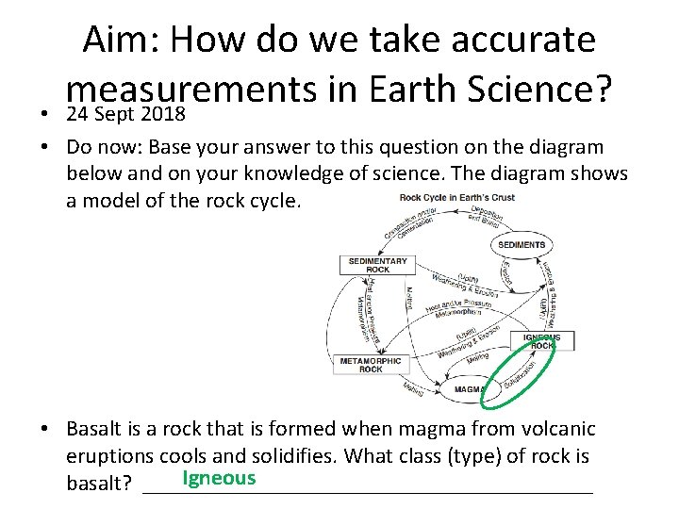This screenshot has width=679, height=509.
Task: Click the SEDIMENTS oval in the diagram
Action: (521, 245)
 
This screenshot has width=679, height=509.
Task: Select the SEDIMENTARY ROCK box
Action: (377, 265)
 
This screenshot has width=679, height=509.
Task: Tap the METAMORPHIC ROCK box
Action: (372, 364)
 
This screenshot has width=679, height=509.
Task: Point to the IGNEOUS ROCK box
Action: (542, 340)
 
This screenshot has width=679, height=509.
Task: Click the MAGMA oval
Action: (469, 388)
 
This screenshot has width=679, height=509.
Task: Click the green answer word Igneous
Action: (219, 478)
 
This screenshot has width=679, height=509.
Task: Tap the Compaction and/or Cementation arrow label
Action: (407, 222)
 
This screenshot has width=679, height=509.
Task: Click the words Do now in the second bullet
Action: (105, 148)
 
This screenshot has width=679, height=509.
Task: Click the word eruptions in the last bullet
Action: (110, 456)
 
